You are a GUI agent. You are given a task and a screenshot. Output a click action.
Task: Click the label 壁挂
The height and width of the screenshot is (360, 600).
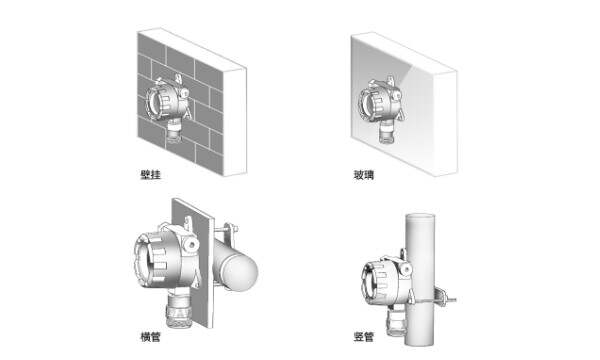coord(150,175)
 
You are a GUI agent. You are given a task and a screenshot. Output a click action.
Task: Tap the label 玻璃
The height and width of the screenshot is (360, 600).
coord(363,175)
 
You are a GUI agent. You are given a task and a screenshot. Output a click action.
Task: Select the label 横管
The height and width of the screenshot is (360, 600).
coord(150,337)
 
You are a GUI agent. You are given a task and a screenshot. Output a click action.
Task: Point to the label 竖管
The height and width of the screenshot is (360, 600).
coord(364,337)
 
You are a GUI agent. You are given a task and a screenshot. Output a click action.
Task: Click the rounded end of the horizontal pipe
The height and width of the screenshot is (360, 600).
coord(238,272)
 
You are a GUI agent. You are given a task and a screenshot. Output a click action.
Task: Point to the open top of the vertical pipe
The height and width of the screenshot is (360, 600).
coord(420,217)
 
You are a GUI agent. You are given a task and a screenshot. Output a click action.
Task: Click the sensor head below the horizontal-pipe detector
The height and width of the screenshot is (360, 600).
coord(178,308)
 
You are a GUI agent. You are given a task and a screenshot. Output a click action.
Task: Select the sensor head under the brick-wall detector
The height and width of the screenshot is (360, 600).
coord(174,132)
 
